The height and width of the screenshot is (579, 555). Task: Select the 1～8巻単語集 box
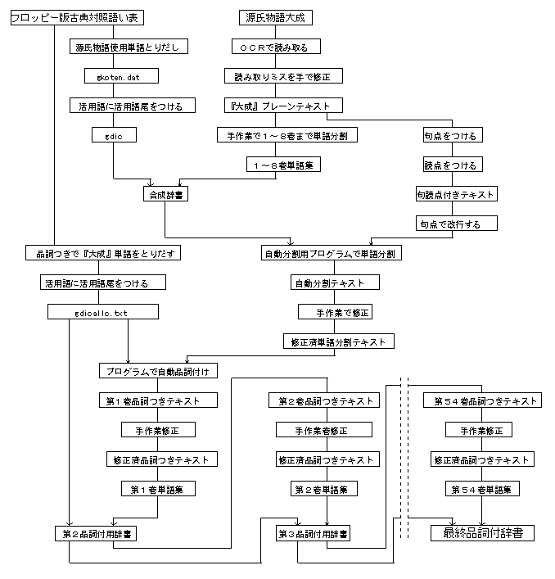[283, 165]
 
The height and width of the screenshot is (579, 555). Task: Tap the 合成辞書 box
[165, 194]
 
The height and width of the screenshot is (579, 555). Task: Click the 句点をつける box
[449, 135]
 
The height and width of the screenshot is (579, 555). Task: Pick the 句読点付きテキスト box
[455, 194]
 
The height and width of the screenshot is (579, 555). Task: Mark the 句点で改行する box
[455, 223]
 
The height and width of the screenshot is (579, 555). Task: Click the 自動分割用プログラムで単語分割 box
[332, 253]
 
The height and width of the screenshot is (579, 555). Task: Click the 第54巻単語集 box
[481, 489]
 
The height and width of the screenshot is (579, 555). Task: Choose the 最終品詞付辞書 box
[482, 533]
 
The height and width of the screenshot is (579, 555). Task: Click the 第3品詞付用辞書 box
[314, 533]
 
